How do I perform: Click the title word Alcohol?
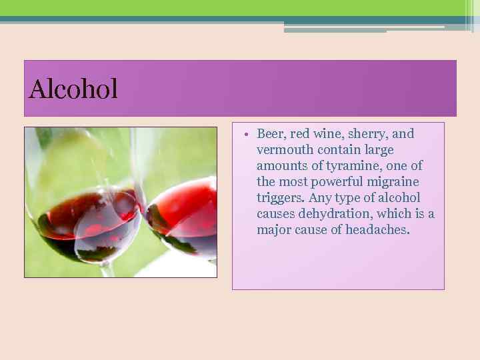click(x=73, y=89)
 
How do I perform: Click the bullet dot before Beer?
click(x=246, y=134)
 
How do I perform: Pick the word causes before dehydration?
click(x=277, y=214)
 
